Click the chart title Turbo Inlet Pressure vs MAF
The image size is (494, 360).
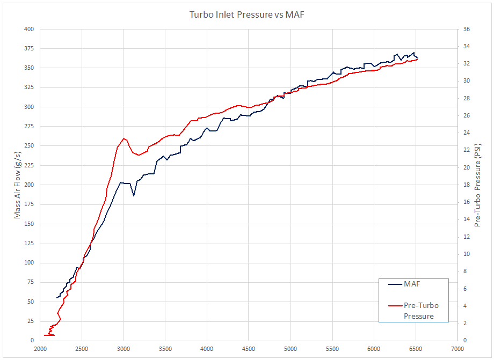(x=247, y=14)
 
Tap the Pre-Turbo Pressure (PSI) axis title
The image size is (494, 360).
(x=477, y=185)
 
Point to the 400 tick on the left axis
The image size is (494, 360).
(x=28, y=29)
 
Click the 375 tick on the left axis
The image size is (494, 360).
(x=28, y=48)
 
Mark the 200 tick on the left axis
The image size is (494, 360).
(x=28, y=185)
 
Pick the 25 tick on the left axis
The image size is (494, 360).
(x=30, y=321)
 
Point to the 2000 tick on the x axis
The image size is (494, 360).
(x=40, y=348)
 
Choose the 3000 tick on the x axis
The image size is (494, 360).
(x=123, y=348)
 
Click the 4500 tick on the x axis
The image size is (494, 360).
(x=249, y=348)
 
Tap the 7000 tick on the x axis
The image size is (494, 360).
(x=457, y=348)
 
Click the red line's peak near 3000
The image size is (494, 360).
(x=124, y=138)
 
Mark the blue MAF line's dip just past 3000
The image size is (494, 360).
(x=134, y=196)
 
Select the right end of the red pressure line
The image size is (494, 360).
(x=417, y=59)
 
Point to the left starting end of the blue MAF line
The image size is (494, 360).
(x=57, y=298)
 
